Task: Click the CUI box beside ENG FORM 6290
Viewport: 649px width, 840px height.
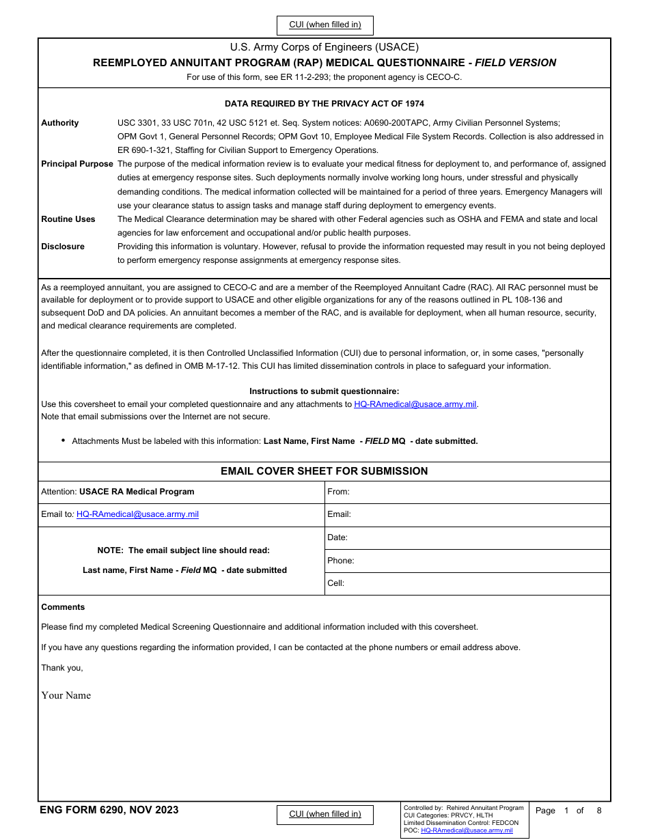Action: pyautogui.click(x=324, y=814)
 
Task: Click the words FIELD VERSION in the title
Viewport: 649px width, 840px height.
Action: pyautogui.click(x=515, y=63)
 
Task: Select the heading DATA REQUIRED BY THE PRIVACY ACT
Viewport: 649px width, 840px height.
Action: pyautogui.click(x=324, y=104)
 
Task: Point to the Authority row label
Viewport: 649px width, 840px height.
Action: pyautogui.click(x=60, y=123)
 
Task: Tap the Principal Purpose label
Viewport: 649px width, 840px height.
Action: pyautogui.click(x=77, y=164)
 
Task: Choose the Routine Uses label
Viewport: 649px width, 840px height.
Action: pyautogui.click(x=68, y=219)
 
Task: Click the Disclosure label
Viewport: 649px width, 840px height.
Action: pyautogui.click(x=63, y=247)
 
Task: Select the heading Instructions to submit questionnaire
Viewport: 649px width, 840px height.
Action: pyautogui.click(x=324, y=391)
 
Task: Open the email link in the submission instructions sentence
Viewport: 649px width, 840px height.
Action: pyautogui.click(x=415, y=404)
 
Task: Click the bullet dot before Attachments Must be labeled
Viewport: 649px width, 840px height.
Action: pyautogui.click(x=64, y=440)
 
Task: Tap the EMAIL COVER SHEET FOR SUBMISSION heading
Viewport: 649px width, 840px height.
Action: pyautogui.click(x=324, y=471)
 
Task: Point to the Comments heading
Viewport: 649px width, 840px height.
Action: pyautogui.click(x=63, y=607)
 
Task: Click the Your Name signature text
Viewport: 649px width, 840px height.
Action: pyautogui.click(x=66, y=695)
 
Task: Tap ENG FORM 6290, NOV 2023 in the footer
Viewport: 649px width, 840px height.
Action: pyautogui.click(x=109, y=810)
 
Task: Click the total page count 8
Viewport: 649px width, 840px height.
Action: pyautogui.click(x=599, y=811)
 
